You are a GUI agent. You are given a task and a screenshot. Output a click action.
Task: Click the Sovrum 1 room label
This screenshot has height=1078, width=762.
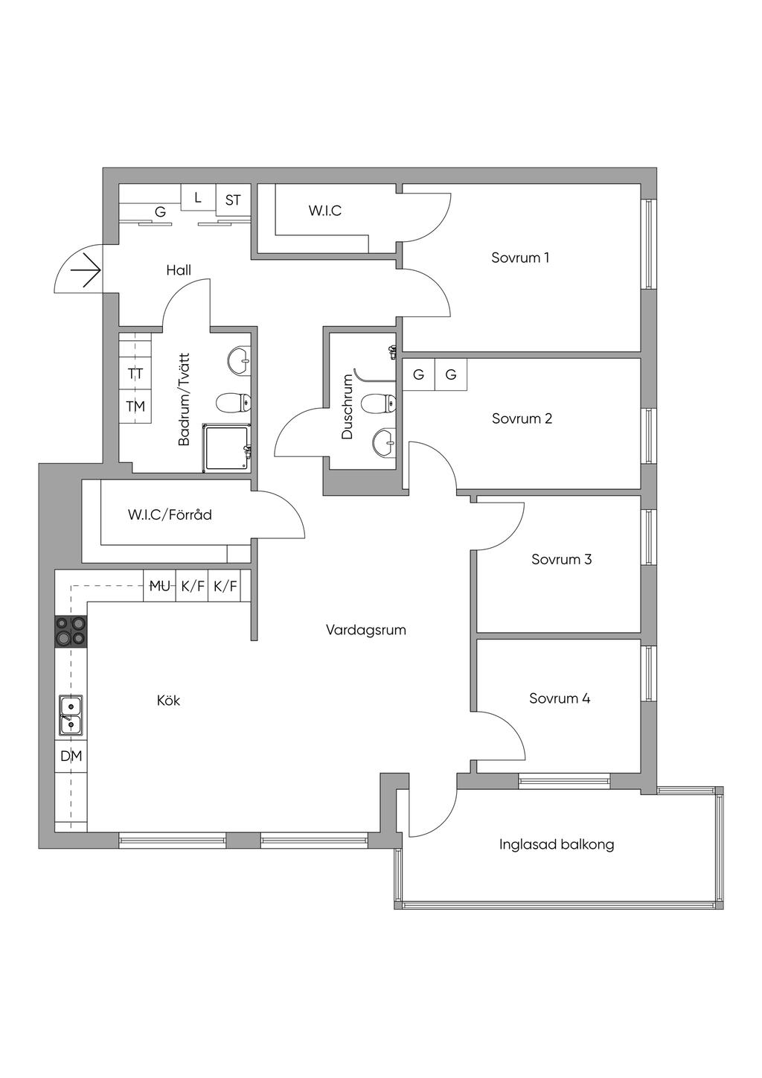[x=520, y=258]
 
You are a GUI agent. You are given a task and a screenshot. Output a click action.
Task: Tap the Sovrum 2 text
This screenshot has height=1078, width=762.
[x=522, y=418]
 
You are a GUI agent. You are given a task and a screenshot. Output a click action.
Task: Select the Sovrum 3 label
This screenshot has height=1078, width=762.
[x=561, y=559]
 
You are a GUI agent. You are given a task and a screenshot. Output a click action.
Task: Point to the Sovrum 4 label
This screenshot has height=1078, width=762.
[x=560, y=698]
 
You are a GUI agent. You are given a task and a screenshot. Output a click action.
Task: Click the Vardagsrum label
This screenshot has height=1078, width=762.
[x=365, y=630]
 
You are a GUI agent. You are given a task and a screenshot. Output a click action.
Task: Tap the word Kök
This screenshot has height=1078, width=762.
[x=168, y=701]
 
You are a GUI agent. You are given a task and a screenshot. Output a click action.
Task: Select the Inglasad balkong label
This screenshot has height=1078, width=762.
[x=557, y=844]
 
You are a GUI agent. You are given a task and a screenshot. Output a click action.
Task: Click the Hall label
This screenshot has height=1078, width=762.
[x=179, y=270]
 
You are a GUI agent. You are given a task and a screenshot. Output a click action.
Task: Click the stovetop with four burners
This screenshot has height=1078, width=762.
[x=71, y=631]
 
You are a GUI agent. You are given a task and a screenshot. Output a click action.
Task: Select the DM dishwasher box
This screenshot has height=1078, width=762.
[x=71, y=756]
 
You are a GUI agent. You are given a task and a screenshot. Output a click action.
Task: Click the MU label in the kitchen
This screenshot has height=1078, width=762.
[x=159, y=586]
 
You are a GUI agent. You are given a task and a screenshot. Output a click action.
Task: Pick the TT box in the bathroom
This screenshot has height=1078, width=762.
[x=135, y=374]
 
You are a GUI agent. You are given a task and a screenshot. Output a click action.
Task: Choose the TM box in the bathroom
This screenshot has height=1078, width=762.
[x=135, y=406]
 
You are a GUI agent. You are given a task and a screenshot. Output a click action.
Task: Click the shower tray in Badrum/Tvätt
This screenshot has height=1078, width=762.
[x=228, y=447]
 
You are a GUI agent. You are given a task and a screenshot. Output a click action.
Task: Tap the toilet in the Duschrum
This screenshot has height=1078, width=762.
[x=378, y=404]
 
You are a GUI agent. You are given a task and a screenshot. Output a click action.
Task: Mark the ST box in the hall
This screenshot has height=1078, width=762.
[x=233, y=200]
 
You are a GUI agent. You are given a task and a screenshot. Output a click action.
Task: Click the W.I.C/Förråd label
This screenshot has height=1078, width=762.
[x=170, y=514]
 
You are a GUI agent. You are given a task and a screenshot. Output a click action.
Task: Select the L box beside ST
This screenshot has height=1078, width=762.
[x=198, y=198]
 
